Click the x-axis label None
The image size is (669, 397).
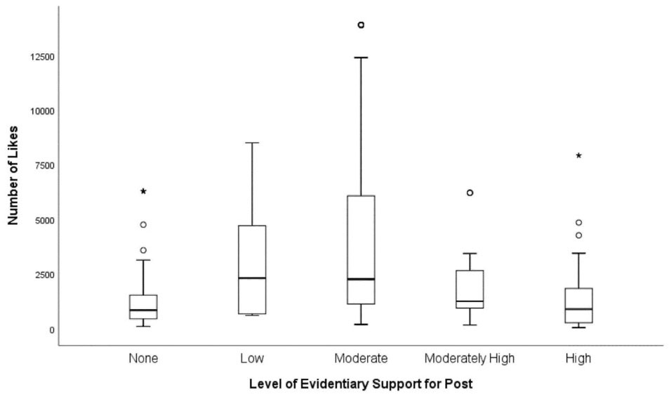143,358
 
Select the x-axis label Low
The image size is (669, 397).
252,358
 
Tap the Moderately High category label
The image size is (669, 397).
469,358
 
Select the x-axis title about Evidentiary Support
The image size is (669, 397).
361,385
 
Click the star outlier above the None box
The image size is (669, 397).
143,191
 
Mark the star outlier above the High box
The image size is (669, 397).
578,155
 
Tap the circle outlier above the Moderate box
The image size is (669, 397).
361,25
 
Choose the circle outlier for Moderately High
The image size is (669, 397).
470,193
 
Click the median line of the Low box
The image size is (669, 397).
252,278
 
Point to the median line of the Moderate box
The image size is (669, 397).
361,279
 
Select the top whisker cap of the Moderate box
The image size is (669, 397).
361,58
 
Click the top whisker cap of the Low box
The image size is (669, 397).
252,143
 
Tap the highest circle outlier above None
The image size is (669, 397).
143,225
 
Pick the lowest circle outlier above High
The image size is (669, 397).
578,235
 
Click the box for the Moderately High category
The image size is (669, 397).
470,289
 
